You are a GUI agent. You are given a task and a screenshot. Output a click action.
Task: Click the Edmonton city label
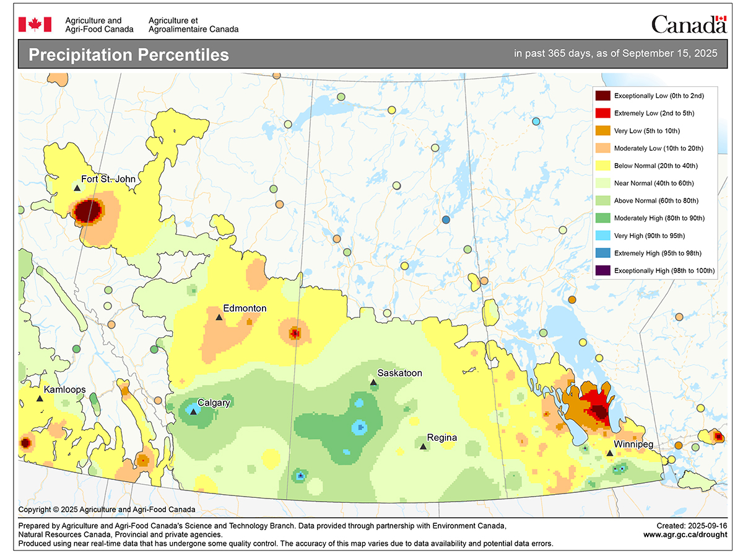click(x=245, y=308)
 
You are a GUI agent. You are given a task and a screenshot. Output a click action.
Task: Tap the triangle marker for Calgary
click(x=194, y=412)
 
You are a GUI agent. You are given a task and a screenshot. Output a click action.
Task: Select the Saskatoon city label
click(x=399, y=373)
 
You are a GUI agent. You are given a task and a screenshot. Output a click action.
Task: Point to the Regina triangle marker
click(x=423, y=446)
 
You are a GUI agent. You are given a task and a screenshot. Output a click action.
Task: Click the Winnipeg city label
click(x=633, y=445)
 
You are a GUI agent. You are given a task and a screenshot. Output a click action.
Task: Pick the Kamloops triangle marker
click(x=40, y=399)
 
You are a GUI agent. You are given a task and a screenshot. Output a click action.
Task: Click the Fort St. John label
click(x=108, y=179)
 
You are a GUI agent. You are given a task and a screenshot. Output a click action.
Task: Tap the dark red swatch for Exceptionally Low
click(x=602, y=95)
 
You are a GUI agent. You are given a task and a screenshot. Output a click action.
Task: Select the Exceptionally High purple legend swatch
click(x=602, y=270)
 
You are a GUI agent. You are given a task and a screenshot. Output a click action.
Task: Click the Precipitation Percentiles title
click(x=129, y=55)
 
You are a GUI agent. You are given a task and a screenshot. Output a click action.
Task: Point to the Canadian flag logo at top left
click(x=35, y=24)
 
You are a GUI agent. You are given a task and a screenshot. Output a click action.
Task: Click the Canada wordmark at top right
click(x=688, y=24)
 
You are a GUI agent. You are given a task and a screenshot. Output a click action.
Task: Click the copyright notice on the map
click(x=106, y=510)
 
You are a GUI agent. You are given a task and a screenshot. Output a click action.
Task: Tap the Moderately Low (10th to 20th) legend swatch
click(x=602, y=148)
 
